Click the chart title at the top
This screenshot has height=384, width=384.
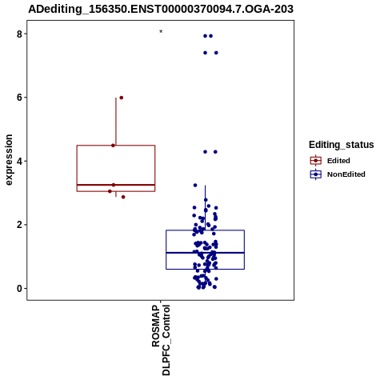click(161, 9)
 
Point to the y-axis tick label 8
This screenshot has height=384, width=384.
click(19, 34)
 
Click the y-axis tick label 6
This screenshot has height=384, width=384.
click(19, 98)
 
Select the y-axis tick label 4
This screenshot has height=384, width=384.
click(19, 161)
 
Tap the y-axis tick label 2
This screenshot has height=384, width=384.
click(19, 225)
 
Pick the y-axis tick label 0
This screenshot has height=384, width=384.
click(19, 288)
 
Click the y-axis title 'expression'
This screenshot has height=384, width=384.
click(9, 160)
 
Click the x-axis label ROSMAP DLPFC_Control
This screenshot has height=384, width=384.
click(161, 340)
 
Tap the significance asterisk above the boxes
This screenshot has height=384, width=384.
click(161, 32)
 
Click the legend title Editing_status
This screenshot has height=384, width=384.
click(342, 145)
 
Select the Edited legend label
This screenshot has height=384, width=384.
click(338, 161)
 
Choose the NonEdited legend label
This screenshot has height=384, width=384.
click(346, 174)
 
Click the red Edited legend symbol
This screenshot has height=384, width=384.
click(316, 161)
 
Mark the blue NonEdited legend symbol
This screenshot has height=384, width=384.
click(316, 174)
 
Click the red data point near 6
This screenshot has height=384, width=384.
click(122, 98)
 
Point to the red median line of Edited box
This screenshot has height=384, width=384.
click(116, 185)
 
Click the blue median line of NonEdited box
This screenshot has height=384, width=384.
click(205, 253)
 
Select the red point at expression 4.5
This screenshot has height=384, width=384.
click(113, 146)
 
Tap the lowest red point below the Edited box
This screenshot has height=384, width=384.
click(123, 197)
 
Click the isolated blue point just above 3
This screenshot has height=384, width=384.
click(195, 185)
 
